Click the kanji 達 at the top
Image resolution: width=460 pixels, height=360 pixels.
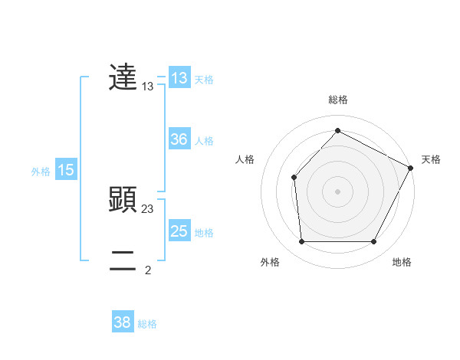point(123,77)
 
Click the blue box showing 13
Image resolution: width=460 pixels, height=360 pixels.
point(179,78)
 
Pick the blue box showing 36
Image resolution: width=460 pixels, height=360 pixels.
point(179,139)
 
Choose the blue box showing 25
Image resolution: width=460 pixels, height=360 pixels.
point(179,231)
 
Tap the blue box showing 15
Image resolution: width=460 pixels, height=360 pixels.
point(66,170)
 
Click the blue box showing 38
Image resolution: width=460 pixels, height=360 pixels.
point(123,322)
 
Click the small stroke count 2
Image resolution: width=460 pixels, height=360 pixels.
point(148,270)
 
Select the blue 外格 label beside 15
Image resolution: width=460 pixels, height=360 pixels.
point(41,172)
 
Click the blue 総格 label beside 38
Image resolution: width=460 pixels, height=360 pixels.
point(147,324)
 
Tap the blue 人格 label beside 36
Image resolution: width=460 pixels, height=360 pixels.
point(205,141)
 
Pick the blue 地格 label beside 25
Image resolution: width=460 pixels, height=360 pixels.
point(205,233)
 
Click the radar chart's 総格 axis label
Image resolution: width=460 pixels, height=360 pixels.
point(337,100)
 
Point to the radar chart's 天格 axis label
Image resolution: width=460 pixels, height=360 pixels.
point(431,159)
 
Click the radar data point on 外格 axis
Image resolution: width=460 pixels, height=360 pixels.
point(301,242)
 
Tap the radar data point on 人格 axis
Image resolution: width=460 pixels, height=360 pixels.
point(294,178)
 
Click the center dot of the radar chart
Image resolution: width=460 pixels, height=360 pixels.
point(337,191)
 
